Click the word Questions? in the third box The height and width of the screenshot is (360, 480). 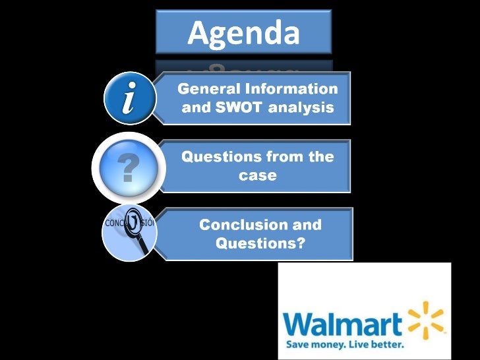[x=260, y=243]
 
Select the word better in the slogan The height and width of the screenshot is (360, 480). [x=386, y=344]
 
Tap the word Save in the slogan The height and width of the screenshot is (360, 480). [x=298, y=344]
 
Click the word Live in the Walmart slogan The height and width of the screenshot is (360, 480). [x=360, y=344]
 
